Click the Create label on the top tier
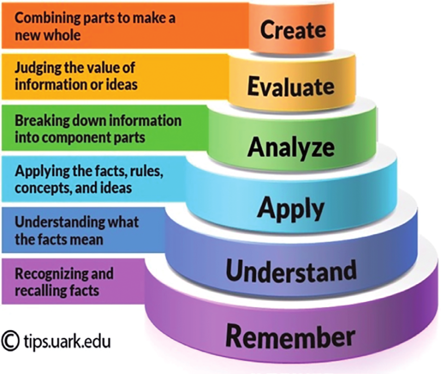(x=293, y=30)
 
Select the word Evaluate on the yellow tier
(x=291, y=86)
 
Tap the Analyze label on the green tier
(x=291, y=148)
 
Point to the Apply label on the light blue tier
(x=291, y=208)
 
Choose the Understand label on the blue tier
(x=291, y=270)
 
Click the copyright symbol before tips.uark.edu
(x=11, y=341)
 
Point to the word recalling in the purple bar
(x=38, y=291)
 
